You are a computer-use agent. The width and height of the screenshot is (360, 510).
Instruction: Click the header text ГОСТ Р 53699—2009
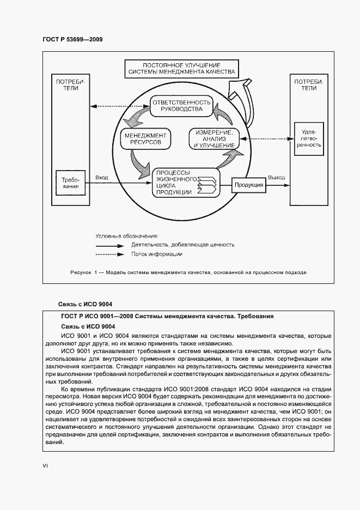[x=72, y=40]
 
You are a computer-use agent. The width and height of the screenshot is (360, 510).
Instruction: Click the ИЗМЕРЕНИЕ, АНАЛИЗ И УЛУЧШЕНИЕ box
[x=213, y=139]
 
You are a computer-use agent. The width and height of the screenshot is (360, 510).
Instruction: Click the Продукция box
[x=249, y=185]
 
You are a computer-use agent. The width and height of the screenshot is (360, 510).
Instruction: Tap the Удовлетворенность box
[x=308, y=138]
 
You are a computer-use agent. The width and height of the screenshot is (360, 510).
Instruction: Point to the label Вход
[x=101, y=178]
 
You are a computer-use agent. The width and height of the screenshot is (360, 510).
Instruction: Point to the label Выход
[x=276, y=178]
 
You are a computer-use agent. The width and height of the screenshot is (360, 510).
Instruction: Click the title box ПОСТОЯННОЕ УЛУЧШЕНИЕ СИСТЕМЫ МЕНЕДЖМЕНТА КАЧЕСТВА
[x=181, y=68]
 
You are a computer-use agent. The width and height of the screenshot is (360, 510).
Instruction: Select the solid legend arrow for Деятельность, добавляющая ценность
[x=112, y=245]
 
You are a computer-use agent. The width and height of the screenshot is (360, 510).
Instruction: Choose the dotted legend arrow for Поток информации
[x=112, y=254]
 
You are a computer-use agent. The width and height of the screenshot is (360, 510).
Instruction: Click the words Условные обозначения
[x=126, y=236]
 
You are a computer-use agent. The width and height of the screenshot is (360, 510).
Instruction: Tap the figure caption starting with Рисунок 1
[x=188, y=271]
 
